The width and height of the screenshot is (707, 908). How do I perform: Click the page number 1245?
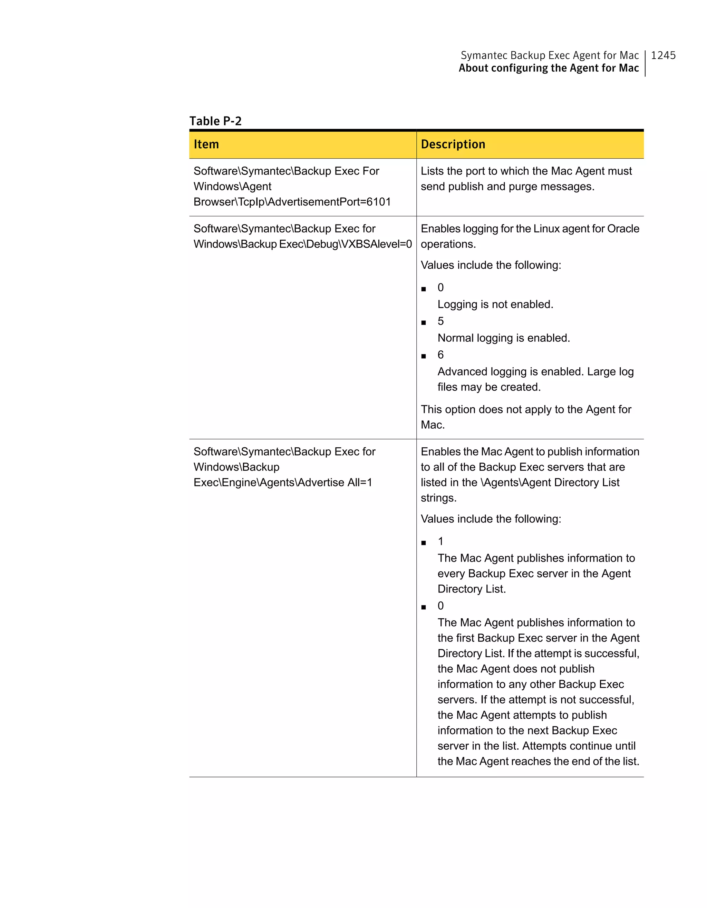tap(663, 55)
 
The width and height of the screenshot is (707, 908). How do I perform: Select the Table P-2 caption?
tap(215, 121)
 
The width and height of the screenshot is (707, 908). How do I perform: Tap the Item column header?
tap(206, 144)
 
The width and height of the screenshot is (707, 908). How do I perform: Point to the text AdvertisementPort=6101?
tap(329, 202)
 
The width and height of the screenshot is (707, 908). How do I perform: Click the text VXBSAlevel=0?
tap(376, 244)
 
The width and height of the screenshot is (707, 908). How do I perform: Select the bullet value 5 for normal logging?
tap(440, 321)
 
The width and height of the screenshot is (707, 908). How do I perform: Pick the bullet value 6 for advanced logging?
tap(440, 355)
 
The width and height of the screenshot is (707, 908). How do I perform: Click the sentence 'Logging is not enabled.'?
tap(495, 304)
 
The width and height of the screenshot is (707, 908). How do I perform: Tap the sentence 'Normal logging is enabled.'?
tap(504, 338)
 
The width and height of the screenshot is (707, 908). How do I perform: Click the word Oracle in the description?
tap(623, 229)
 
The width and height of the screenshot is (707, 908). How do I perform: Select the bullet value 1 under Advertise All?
tap(440, 541)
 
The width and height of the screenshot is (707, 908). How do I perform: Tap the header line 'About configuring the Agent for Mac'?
tap(549, 68)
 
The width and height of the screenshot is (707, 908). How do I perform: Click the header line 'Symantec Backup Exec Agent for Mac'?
tap(549, 55)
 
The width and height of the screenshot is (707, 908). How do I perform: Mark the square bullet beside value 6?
tap(424, 356)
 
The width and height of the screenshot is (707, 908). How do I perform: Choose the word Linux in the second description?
tap(546, 229)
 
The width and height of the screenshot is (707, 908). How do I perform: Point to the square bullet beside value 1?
tap(424, 543)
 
